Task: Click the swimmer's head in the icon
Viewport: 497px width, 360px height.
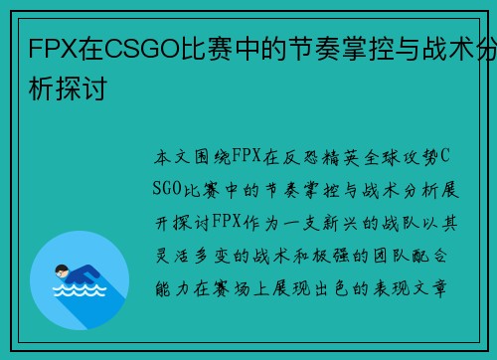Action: (63, 267)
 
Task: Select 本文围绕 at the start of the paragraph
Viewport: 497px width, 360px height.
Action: (191, 158)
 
